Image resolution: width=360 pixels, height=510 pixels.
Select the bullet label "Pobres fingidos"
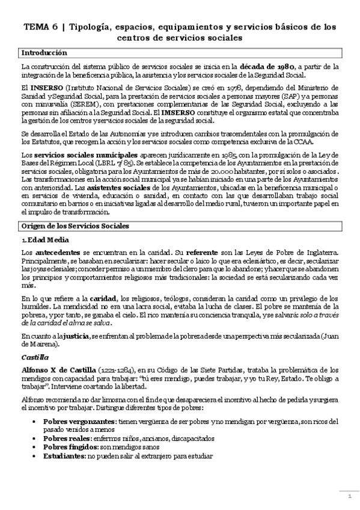(69, 447)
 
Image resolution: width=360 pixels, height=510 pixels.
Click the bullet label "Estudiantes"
(64, 456)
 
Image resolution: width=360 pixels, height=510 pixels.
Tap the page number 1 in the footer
(349, 497)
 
